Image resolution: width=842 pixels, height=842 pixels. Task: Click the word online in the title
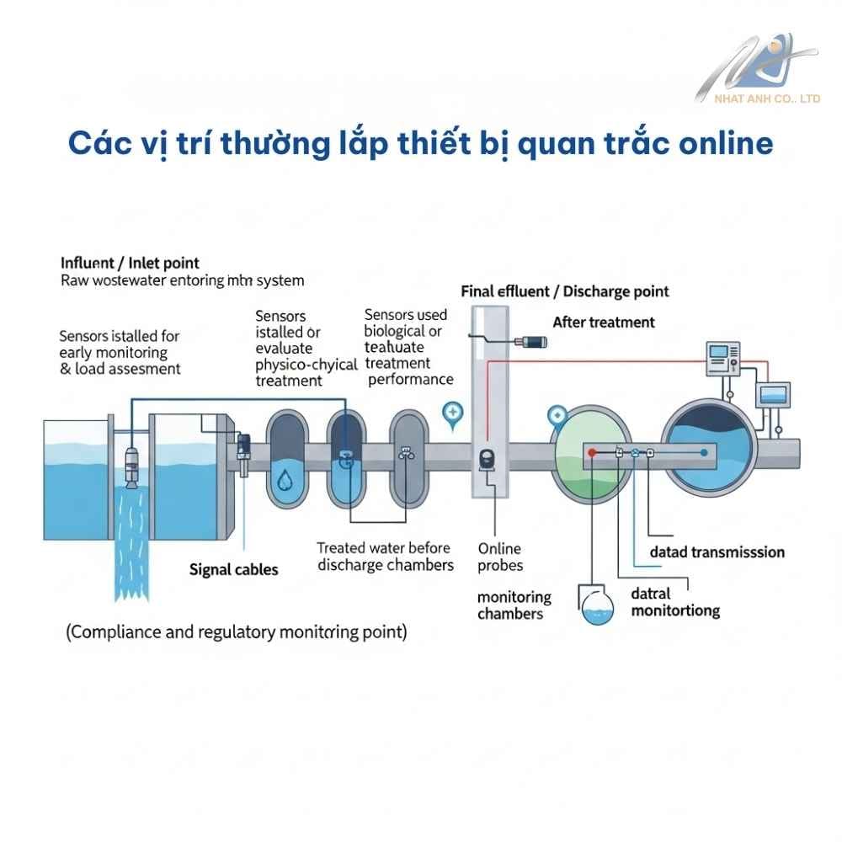point(726,143)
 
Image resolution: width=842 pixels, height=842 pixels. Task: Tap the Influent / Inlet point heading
point(131,263)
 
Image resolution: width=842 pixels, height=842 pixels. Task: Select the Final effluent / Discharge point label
point(565,291)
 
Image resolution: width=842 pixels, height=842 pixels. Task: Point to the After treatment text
point(603,322)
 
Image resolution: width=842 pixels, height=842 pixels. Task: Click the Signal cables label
point(233,569)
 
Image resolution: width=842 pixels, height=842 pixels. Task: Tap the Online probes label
point(500,557)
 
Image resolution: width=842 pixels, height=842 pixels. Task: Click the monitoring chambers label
point(514,605)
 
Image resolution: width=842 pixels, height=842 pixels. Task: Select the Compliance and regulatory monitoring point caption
point(237,631)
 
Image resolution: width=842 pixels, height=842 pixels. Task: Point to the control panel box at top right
point(722,360)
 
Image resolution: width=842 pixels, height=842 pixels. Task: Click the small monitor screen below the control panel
point(773,394)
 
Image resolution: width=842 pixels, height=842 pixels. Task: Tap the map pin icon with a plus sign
point(453,413)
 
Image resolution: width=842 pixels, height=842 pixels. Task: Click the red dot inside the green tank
point(593,453)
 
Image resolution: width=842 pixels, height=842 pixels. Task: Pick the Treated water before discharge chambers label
point(386,557)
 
